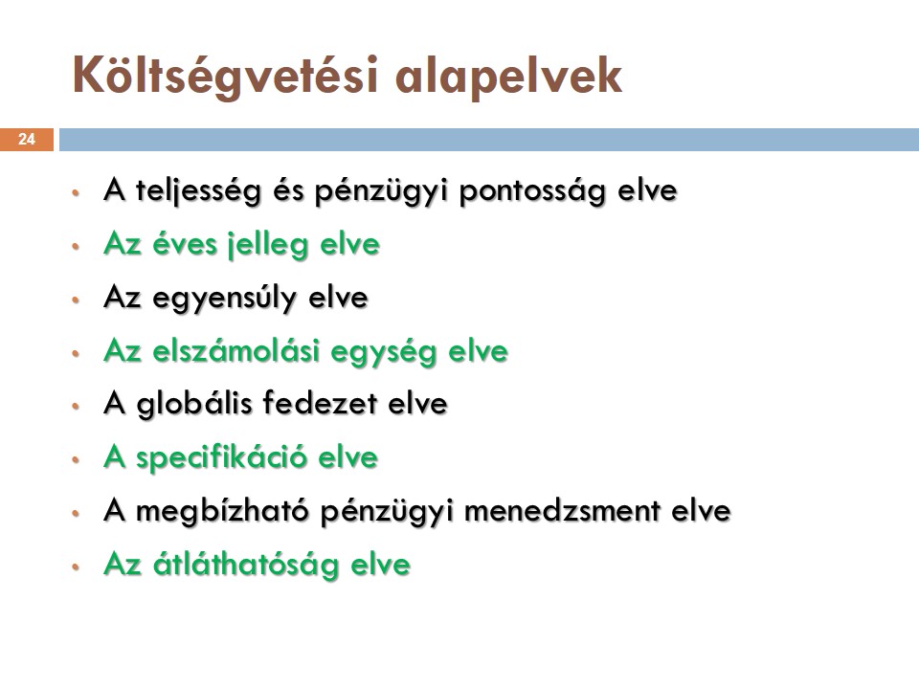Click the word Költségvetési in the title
click(x=226, y=77)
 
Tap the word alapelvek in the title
click(x=508, y=77)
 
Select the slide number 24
click(x=27, y=140)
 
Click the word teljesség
click(x=198, y=191)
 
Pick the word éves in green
click(x=185, y=244)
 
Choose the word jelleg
click(x=268, y=245)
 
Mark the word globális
click(x=194, y=404)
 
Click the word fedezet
click(x=320, y=404)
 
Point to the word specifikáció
click(x=221, y=457)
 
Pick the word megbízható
click(x=222, y=511)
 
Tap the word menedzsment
click(x=563, y=511)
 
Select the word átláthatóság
click(x=246, y=565)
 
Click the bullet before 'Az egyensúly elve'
click(x=75, y=300)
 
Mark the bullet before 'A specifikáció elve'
click(x=75, y=460)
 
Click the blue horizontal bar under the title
click(x=489, y=140)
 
